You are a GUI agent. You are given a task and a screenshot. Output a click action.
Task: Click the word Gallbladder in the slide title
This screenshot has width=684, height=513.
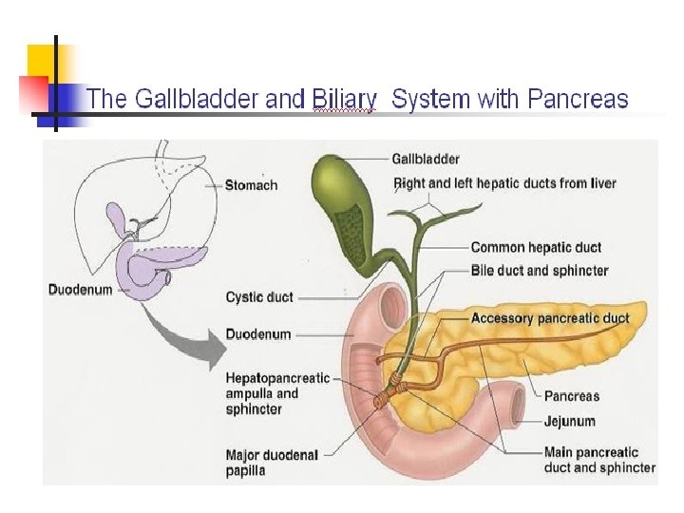(176, 99)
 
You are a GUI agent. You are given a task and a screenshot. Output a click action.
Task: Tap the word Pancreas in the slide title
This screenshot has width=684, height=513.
(578, 99)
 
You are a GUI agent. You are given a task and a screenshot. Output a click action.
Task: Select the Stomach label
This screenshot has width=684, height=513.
(251, 185)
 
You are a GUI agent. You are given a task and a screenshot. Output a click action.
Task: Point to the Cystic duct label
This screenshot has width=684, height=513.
(259, 297)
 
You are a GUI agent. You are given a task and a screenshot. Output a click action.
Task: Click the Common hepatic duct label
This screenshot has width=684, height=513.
(536, 248)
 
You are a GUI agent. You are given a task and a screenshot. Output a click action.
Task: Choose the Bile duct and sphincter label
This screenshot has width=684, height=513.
(539, 271)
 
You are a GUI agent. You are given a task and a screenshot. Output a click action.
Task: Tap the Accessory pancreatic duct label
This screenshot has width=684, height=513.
(550, 318)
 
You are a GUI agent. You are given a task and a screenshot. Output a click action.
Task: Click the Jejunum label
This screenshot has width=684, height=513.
(570, 421)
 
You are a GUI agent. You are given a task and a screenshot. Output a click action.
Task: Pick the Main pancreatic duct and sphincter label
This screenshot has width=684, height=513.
(598, 460)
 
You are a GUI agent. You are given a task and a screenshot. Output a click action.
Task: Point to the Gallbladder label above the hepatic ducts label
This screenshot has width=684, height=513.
(426, 159)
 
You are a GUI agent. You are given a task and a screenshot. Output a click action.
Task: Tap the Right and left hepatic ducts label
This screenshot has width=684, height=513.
(504, 182)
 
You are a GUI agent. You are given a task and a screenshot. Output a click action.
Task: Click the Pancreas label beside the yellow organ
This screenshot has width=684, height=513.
(572, 396)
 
